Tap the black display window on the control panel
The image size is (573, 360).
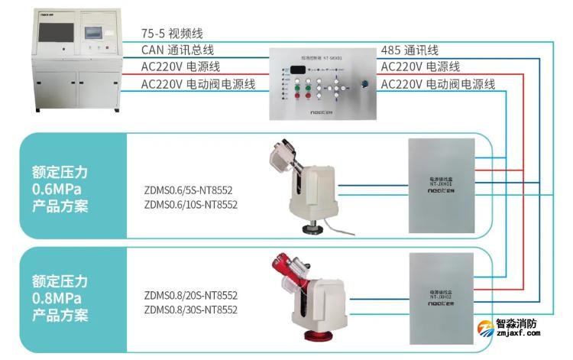click(299, 70)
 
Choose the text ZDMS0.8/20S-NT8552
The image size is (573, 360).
click(191, 296)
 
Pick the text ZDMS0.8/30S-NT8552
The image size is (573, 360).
click(191, 310)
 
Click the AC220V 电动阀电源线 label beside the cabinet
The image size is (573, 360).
click(199, 83)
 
